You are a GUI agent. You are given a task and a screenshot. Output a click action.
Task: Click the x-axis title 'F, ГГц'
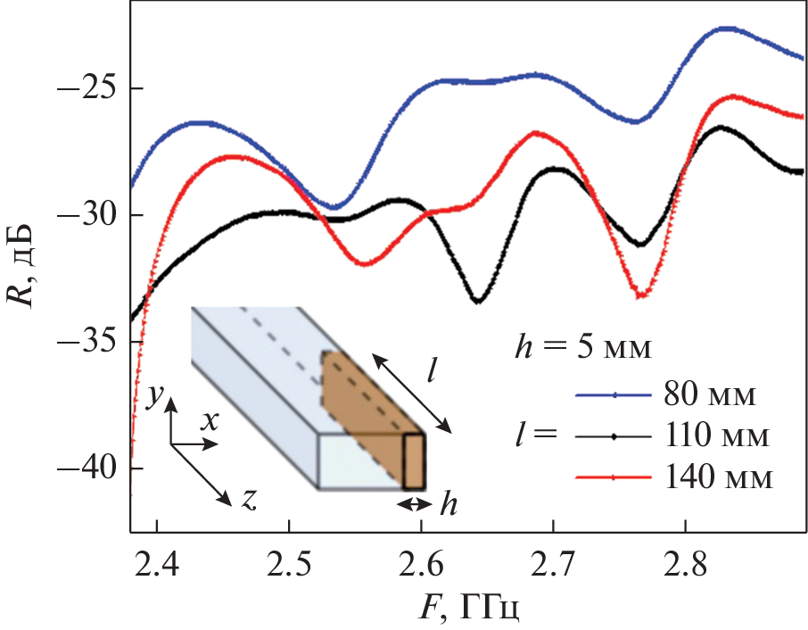467,610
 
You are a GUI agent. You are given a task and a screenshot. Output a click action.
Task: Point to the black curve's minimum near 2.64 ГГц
479,302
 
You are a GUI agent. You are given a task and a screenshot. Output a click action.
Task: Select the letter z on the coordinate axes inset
249,501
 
